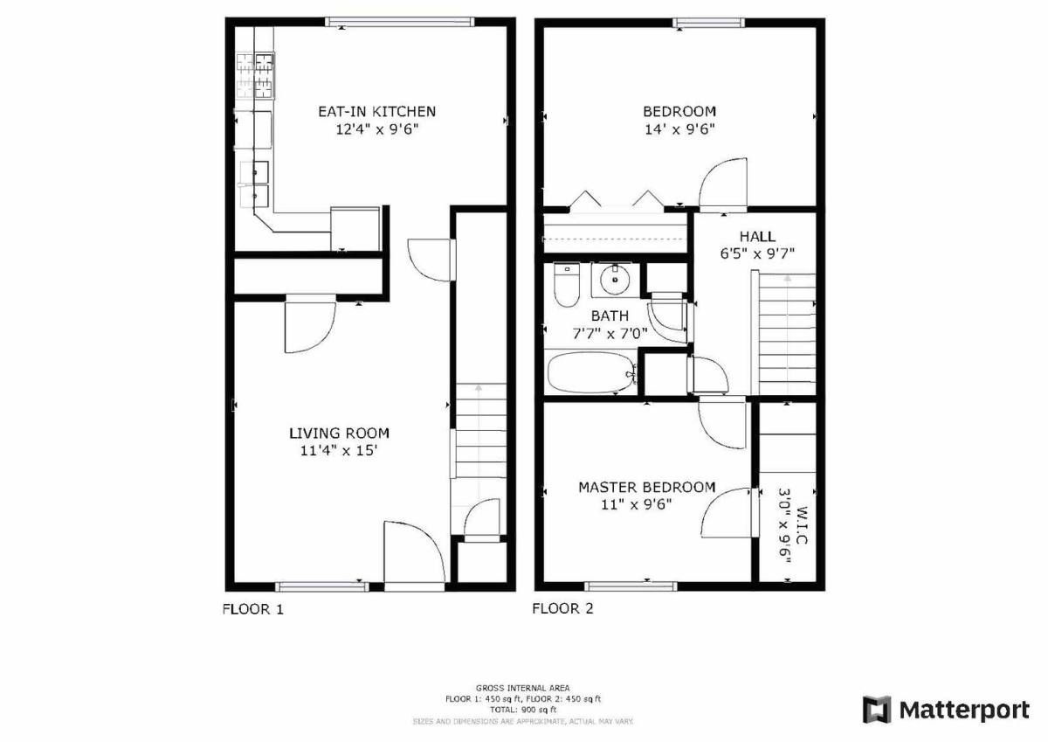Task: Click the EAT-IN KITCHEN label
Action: pyautogui.click(x=376, y=111)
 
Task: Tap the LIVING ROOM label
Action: pyautogui.click(x=339, y=433)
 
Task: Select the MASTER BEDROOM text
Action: pyautogui.click(x=647, y=488)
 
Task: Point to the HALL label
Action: pyautogui.click(x=757, y=236)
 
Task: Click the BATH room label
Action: pyautogui.click(x=610, y=316)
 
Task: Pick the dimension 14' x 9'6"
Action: pyautogui.click(x=679, y=129)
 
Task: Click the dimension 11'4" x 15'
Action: pyautogui.click(x=339, y=450)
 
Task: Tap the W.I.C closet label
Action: pyautogui.click(x=801, y=525)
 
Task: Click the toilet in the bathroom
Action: pyautogui.click(x=567, y=284)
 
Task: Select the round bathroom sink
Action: pyautogui.click(x=615, y=280)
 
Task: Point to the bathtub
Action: pyautogui.click(x=592, y=373)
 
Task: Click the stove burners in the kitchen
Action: pyautogui.click(x=255, y=76)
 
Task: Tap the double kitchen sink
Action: pyautogui.click(x=254, y=184)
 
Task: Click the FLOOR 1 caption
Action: pyautogui.click(x=252, y=609)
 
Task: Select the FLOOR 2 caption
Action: pyautogui.click(x=562, y=608)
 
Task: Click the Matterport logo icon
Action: pyautogui.click(x=877, y=711)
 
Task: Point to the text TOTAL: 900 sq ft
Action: pyautogui.click(x=523, y=710)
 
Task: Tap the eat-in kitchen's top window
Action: pyautogui.click(x=400, y=22)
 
